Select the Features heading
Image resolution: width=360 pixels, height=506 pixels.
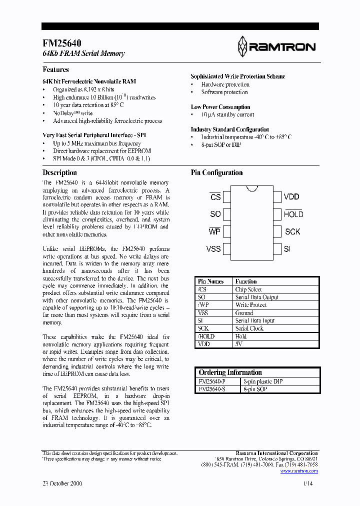(x=55, y=70)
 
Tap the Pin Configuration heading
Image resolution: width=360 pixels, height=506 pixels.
(x=216, y=172)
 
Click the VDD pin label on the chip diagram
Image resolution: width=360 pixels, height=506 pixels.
(x=292, y=197)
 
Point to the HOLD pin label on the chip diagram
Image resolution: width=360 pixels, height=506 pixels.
(x=293, y=214)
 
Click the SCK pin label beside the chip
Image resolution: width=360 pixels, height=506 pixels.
(x=292, y=231)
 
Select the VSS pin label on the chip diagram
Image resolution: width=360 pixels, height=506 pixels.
(x=213, y=249)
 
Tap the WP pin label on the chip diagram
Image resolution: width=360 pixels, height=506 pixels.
(x=214, y=231)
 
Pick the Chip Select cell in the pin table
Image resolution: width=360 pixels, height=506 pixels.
(x=248, y=289)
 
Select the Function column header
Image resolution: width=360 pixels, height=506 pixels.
(x=246, y=281)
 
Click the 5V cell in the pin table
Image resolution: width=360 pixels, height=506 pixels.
(x=239, y=344)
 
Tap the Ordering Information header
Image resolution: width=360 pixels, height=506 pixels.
(x=230, y=372)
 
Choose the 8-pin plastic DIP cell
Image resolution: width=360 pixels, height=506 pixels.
(x=262, y=381)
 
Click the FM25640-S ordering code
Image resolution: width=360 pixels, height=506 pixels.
(x=212, y=388)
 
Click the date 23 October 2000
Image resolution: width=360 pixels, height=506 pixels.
(x=62, y=483)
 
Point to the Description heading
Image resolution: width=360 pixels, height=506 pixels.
(x=59, y=172)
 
